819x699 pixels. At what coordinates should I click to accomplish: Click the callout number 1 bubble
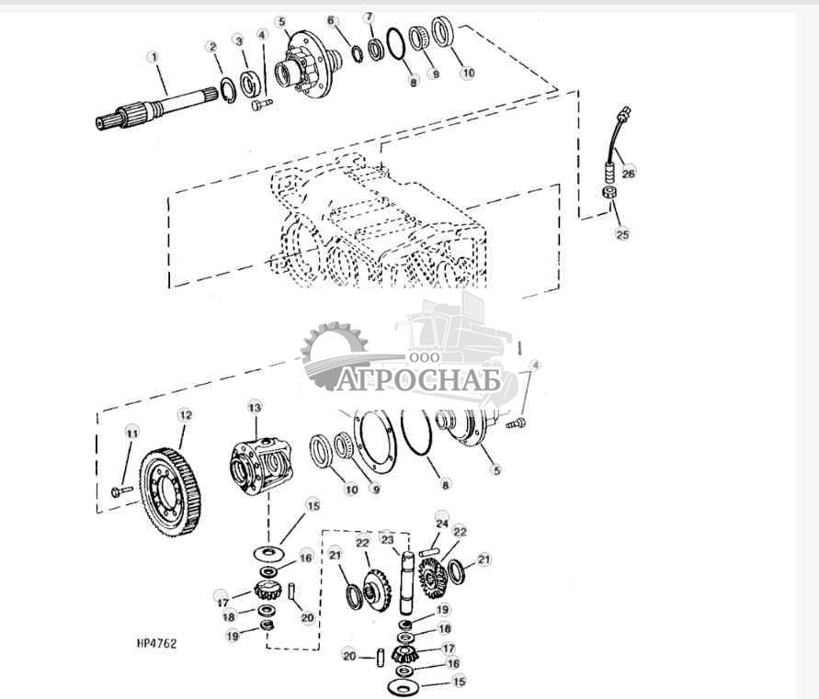pyautogui.click(x=154, y=56)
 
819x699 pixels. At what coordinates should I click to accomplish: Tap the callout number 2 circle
pyautogui.click(x=211, y=46)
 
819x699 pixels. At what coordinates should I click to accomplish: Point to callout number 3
pyautogui.click(x=238, y=40)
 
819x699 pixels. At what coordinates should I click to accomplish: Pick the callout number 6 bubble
pyautogui.click(x=331, y=20)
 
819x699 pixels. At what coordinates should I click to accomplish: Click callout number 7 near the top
pyautogui.click(x=369, y=17)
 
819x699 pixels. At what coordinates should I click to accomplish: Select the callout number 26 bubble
pyautogui.click(x=629, y=172)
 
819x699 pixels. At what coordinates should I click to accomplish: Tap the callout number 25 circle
pyautogui.click(x=622, y=235)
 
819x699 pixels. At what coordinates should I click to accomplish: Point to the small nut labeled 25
pyautogui.click(x=608, y=193)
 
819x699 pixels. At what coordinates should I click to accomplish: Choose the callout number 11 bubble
pyautogui.click(x=131, y=433)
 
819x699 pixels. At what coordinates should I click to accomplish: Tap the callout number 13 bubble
pyautogui.click(x=255, y=405)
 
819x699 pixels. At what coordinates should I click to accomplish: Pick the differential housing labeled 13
pyautogui.click(x=261, y=460)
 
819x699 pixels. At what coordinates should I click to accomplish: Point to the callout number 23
pyautogui.click(x=387, y=540)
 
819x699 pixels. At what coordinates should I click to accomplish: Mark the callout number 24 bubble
pyautogui.click(x=442, y=524)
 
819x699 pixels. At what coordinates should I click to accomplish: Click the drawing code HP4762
pyautogui.click(x=154, y=644)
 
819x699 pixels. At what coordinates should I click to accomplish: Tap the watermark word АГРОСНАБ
pyautogui.click(x=419, y=379)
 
